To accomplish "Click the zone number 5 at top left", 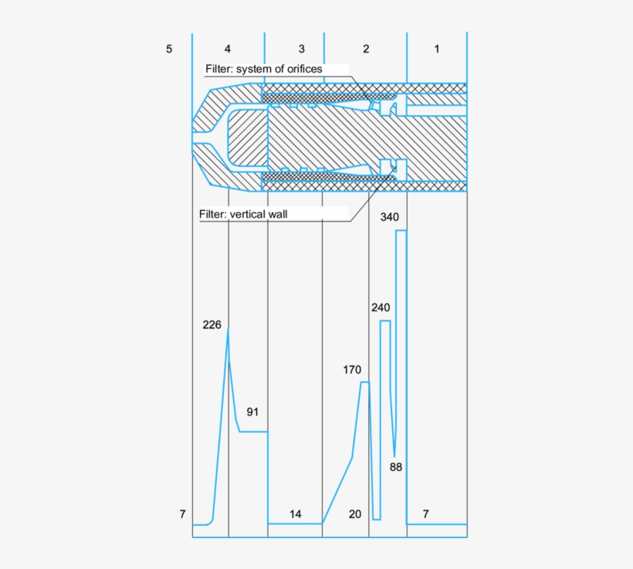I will pos(169,49).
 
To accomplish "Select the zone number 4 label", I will pos(228,49).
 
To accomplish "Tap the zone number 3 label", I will pos(301,49).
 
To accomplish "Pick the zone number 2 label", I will pos(366,49).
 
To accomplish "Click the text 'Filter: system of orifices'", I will pos(263,69).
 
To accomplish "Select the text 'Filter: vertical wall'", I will pos(243,214).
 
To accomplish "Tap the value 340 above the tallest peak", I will pos(389,217).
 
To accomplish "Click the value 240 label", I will pos(380,307).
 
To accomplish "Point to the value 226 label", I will pos(212,325).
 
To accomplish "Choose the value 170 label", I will pos(352,370).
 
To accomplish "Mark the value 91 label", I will pos(252,412).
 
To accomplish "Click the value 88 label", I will pos(396,467).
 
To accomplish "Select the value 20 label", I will pos(354,513).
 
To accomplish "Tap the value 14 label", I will pos(296,513).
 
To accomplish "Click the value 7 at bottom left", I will pos(182,513).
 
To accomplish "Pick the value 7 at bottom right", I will pos(426,513).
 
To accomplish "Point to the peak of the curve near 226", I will pos(228,330).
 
